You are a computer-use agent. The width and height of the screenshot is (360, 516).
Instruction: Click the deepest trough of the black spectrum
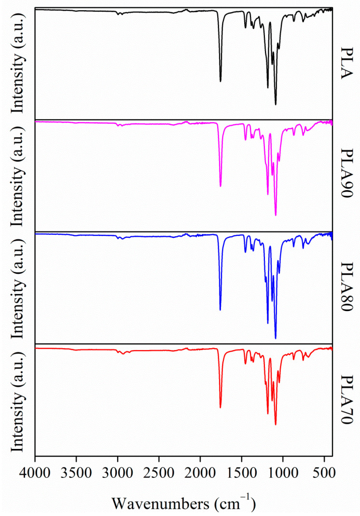pyautogui.click(x=276, y=104)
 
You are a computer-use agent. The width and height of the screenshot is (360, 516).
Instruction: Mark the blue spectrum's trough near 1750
pyautogui.click(x=220, y=310)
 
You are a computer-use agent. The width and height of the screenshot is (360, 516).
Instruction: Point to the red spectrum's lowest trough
pyautogui.click(x=276, y=424)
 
